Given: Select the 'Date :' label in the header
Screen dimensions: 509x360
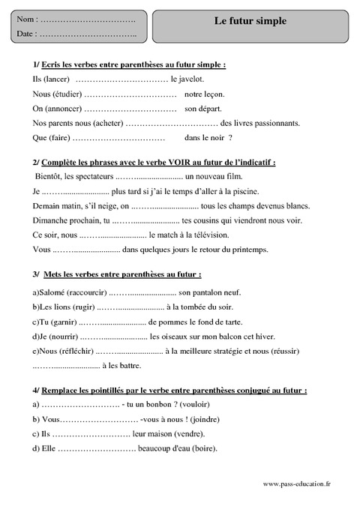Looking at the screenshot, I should [x=27, y=34].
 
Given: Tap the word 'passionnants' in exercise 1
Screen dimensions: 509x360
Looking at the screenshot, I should [x=274, y=123].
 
